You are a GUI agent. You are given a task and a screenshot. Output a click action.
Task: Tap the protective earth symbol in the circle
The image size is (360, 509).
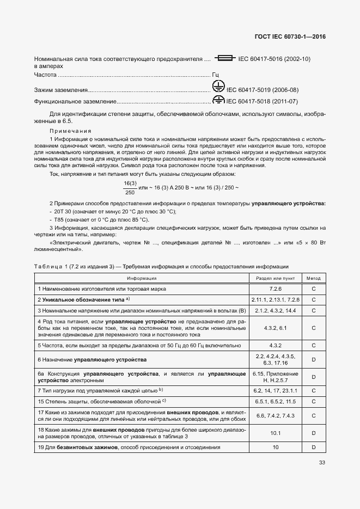[x=218, y=87]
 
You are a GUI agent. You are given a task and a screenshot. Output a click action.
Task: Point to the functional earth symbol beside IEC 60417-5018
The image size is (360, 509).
[x=218, y=100]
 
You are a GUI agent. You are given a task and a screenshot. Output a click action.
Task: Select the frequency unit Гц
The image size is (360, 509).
[x=215, y=75]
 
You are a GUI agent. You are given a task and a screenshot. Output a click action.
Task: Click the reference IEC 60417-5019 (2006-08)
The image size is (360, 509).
[x=262, y=90]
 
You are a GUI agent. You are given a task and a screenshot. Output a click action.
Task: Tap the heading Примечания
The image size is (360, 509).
[x=70, y=131]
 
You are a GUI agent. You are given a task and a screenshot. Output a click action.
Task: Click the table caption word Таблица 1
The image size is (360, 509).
[x=49, y=266]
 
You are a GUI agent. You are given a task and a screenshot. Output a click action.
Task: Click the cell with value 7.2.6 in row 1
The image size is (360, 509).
[x=275, y=289]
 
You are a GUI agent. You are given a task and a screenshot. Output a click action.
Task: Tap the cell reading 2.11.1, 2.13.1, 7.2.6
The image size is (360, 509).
[x=275, y=299]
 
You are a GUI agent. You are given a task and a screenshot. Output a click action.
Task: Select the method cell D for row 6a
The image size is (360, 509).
[x=314, y=377]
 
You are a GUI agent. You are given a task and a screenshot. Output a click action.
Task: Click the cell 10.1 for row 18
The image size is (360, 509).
[x=275, y=433]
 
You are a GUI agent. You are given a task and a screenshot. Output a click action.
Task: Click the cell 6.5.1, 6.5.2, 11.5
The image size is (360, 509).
[x=275, y=401]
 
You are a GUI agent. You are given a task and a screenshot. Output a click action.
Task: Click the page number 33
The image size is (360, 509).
[x=322, y=463]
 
